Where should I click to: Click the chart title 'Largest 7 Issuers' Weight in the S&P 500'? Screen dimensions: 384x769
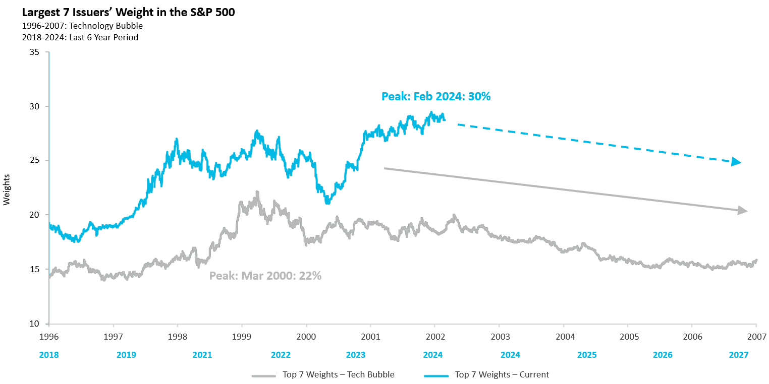pyautogui.click(x=121, y=13)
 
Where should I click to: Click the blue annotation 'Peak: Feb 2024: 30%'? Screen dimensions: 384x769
pyautogui.click(x=436, y=96)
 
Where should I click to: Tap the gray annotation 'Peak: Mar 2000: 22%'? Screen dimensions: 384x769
pyautogui.click(x=265, y=276)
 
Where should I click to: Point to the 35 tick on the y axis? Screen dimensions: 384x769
pyautogui.click(x=34, y=52)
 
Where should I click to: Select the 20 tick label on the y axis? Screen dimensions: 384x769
pyautogui.click(x=34, y=215)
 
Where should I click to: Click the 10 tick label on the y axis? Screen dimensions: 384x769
pyautogui.click(x=34, y=324)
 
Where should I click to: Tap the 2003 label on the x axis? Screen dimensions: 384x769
pyautogui.click(x=499, y=336)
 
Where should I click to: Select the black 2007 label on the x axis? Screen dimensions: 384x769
pyautogui.click(x=756, y=336)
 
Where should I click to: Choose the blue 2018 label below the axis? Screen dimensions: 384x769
pyautogui.click(x=49, y=355)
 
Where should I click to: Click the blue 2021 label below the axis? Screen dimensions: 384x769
pyautogui.click(x=202, y=355)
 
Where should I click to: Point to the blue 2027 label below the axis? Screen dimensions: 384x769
pyautogui.click(x=739, y=355)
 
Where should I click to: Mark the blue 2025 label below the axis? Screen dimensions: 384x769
pyautogui.click(x=586, y=355)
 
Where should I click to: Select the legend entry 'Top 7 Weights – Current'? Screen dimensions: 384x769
pyautogui.click(x=502, y=374)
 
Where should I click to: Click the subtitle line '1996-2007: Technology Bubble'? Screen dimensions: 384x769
pyautogui.click(x=76, y=26)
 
